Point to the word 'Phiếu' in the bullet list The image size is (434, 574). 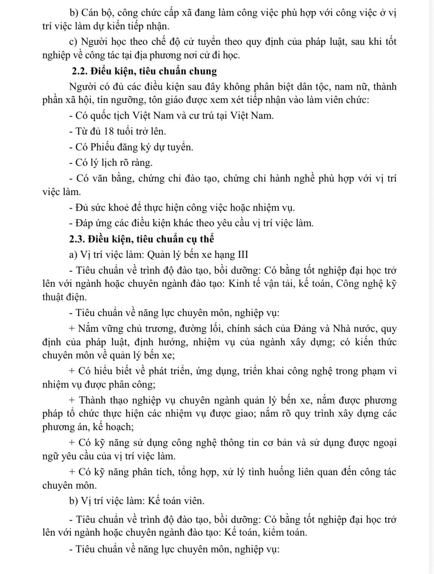pos(101,147)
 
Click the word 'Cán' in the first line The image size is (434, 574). pos(90,13)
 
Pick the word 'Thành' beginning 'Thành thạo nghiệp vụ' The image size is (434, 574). pos(92,400)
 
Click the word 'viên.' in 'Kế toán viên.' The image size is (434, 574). pos(193,501)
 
